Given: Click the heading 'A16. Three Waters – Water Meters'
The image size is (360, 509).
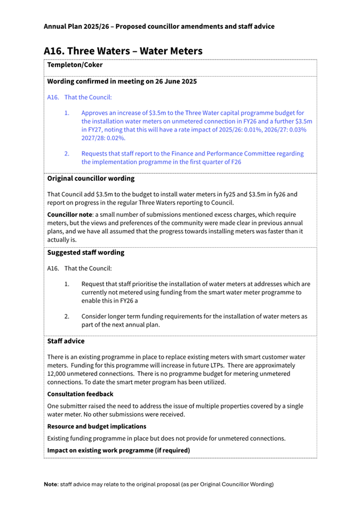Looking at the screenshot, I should coord(123,51).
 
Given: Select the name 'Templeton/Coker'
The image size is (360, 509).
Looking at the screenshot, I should coord(75,65).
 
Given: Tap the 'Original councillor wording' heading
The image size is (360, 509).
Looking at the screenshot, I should coord(91,179).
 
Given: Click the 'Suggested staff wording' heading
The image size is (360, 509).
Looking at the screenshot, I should coord(85,252).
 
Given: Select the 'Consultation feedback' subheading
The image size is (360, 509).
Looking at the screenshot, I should coord(80,394).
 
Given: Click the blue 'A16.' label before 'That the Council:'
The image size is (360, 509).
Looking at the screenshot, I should coord(53,98).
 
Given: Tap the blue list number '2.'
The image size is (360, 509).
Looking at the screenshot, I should coord(67,153).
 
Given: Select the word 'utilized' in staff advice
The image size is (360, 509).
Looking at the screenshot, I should coord(213,382).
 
